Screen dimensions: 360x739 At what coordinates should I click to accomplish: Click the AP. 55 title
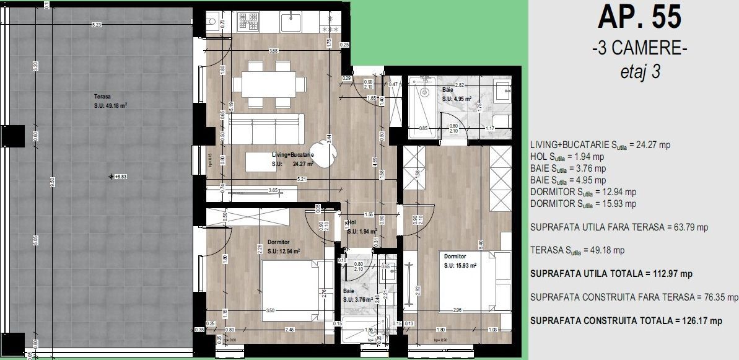pos(639,18)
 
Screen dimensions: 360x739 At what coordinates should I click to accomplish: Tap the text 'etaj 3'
pos(639,71)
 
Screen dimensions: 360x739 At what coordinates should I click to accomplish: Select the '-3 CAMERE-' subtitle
pos(639,49)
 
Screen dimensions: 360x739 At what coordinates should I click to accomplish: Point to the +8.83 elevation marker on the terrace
pos(118,177)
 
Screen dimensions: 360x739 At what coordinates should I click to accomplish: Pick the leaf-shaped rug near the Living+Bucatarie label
pos(325,151)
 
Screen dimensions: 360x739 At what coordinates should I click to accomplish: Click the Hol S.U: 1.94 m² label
pos(356,226)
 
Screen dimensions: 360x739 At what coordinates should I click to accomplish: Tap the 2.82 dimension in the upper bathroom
pos(459,85)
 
